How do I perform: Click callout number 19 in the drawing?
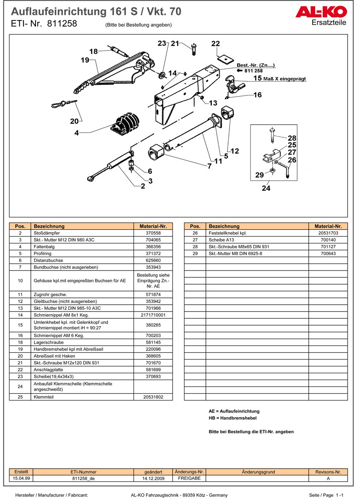85,60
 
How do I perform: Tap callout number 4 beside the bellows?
77,133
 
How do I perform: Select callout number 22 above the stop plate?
215,44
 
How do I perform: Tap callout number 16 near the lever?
257,95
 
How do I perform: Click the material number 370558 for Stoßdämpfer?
153,233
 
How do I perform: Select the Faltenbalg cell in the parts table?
43,247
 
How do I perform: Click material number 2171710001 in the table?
153,315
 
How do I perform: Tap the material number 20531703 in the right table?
328,233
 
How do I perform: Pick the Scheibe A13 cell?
218,240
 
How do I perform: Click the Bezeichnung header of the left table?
49,226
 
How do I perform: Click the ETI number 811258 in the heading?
62,24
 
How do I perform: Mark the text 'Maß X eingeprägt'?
286,79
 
